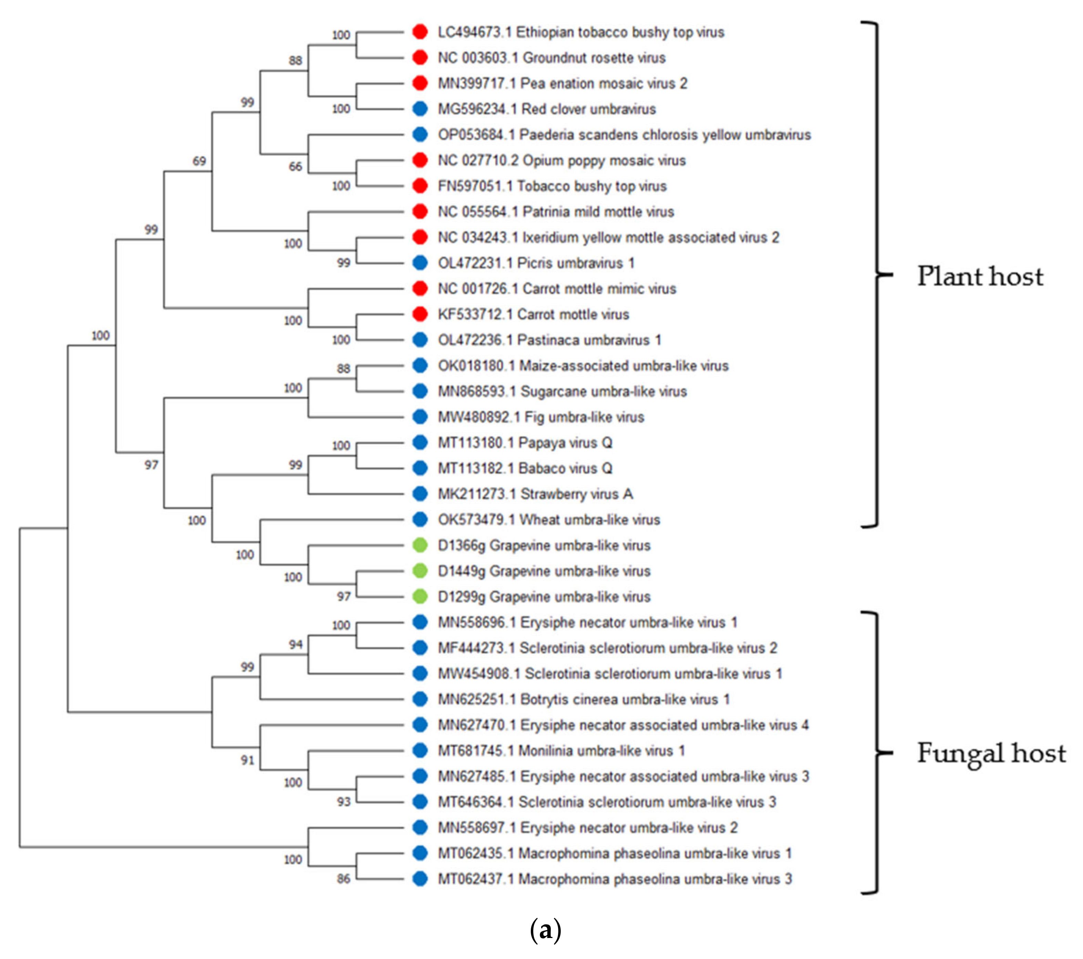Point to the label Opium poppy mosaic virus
[561, 160]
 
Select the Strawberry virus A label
[535, 494]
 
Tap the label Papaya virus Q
[525, 442]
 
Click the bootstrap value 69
[199, 161]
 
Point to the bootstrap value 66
[295, 166]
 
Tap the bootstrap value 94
[295, 644]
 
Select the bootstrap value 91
[247, 760]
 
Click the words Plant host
[980, 276]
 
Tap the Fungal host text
[991, 753]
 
